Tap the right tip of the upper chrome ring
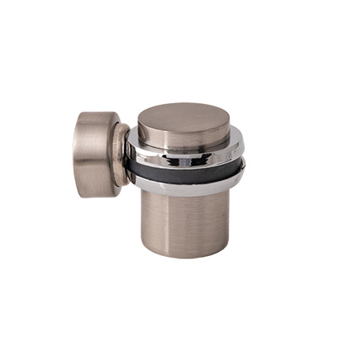243,152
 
